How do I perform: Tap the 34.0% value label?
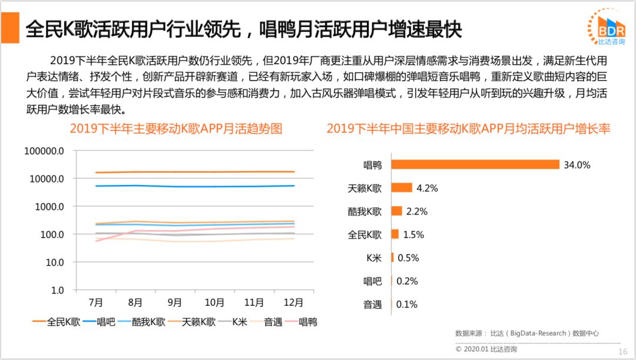click(x=577, y=165)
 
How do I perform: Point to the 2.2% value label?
click(x=416, y=211)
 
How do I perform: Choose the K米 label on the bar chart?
click(x=373, y=257)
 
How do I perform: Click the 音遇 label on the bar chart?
click(x=372, y=305)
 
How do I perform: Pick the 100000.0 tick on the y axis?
click(x=44, y=151)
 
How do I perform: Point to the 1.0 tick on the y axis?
click(x=56, y=290)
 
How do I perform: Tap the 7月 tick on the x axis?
click(x=96, y=303)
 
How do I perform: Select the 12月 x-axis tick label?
click(x=293, y=303)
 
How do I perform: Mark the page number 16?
click(x=622, y=352)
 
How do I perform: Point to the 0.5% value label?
click(x=408, y=257)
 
